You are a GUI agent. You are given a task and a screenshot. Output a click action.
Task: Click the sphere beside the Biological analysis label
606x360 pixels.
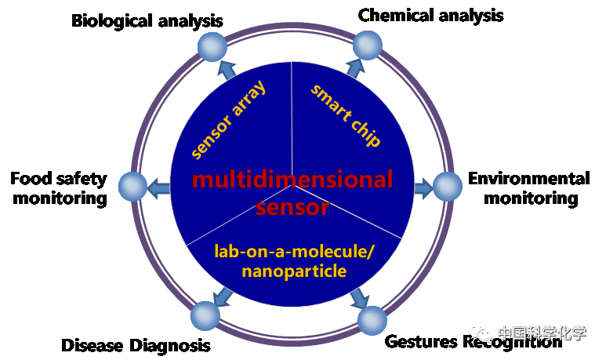pyautogui.click(x=211, y=48)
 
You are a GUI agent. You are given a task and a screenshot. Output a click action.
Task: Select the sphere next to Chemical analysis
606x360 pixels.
pyautogui.click(x=366, y=45)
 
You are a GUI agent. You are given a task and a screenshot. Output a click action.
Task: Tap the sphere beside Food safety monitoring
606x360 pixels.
pyautogui.click(x=132, y=187)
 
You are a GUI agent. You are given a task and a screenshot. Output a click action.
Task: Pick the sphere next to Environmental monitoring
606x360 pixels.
pyautogui.click(x=447, y=187)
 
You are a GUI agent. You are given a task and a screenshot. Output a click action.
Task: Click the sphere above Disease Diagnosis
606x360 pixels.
pyautogui.click(x=205, y=315)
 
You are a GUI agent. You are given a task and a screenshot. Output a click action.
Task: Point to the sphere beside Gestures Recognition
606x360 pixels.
pyautogui.click(x=372, y=320)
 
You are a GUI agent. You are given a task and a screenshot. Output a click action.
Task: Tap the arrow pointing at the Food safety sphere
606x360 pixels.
pyautogui.click(x=159, y=187)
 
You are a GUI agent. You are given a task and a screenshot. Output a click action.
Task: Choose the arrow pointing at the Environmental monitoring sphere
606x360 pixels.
pyautogui.click(x=422, y=187)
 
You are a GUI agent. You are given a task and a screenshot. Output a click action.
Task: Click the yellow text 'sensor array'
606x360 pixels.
pyautogui.click(x=230, y=118)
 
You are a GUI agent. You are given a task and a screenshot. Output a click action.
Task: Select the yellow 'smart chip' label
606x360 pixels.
pyautogui.click(x=346, y=115)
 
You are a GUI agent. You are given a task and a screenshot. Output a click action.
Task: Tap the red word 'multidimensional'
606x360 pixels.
pyautogui.click(x=292, y=180)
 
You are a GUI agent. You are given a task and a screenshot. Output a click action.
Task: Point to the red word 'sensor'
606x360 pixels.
pyautogui.click(x=292, y=208)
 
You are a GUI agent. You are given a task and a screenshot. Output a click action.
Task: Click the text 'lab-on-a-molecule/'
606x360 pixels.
pyautogui.click(x=295, y=252)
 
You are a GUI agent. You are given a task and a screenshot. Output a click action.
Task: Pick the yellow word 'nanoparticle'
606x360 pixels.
pyautogui.click(x=294, y=271)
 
